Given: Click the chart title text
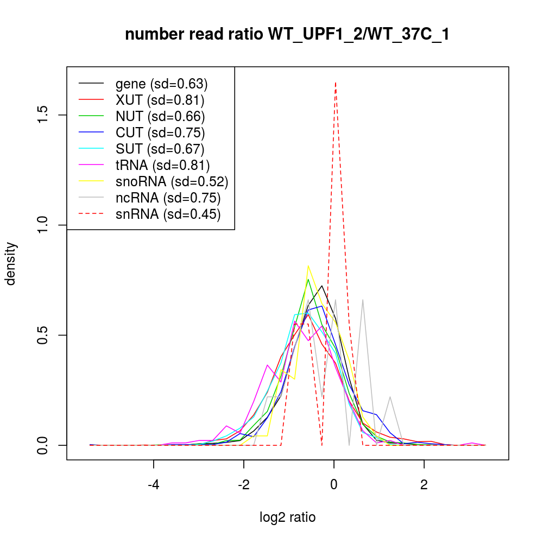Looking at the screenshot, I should pos(287,35).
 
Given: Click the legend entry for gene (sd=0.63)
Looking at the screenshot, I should pos(161,84).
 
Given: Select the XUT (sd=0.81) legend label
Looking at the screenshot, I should pos(160,100).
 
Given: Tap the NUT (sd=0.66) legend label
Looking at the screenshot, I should pos(160,116).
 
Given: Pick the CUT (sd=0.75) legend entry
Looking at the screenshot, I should pos(160,132).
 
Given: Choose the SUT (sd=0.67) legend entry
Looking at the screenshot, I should pos(160,149).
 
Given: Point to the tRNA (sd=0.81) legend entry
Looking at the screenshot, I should pos(162,165).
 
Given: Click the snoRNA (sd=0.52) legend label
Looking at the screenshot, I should pos(172,181).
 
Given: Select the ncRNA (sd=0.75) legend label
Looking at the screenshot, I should pos(168,198).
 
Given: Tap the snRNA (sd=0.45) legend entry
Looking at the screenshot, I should pos(168,214).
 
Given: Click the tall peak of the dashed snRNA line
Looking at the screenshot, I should pos(336,83).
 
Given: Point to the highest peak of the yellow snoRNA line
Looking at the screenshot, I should pos(308,266).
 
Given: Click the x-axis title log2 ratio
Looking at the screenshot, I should pos(287,517).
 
